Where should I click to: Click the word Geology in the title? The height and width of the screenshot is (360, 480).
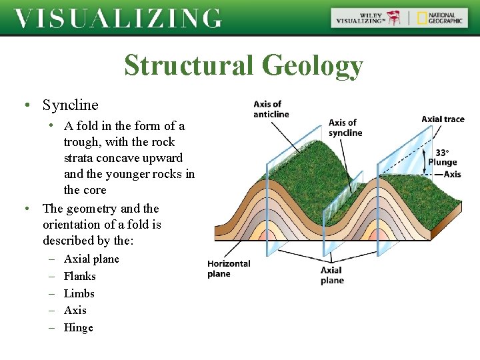[x=312, y=66]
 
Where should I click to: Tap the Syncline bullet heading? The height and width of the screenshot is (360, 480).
[x=70, y=105]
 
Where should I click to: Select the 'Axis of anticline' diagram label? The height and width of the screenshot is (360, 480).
[x=271, y=109]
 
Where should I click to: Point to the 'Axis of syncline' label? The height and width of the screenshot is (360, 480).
[x=345, y=127]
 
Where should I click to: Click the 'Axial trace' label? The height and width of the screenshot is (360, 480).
[x=443, y=119]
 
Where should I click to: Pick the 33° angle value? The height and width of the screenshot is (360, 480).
[x=442, y=152]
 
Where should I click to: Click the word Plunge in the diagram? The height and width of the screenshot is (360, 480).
[x=443, y=162]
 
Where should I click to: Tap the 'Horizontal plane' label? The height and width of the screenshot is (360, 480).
[x=229, y=269]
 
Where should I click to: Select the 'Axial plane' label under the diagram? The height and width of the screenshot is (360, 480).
[x=332, y=275]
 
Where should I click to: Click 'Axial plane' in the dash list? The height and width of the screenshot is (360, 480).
[x=91, y=259]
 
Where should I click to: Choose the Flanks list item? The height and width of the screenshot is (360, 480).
[x=79, y=276]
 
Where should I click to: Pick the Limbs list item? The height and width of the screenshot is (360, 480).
[x=79, y=293]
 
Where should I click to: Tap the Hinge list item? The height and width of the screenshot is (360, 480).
[x=78, y=327]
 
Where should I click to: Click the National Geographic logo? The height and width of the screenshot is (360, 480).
[x=439, y=17]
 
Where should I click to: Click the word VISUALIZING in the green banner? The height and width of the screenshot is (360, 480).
[x=118, y=18]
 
